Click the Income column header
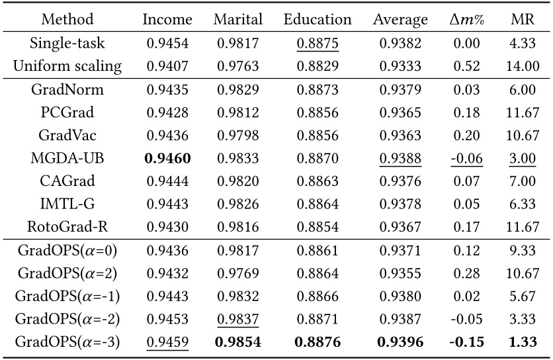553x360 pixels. pyautogui.click(x=167, y=19)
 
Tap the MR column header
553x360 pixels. pyautogui.click(x=523, y=19)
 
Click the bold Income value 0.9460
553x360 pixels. pyautogui.click(x=167, y=158)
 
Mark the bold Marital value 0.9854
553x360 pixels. pyautogui.click(x=237, y=342)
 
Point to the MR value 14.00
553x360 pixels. pyautogui.click(x=523, y=66)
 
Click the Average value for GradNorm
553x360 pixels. pyautogui.click(x=400, y=89)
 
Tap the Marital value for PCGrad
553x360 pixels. pyautogui.click(x=237, y=112)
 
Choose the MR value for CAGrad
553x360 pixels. pyautogui.click(x=523, y=181)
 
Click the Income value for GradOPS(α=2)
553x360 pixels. pyautogui.click(x=167, y=273)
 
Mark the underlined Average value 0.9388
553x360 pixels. pyautogui.click(x=400, y=158)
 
